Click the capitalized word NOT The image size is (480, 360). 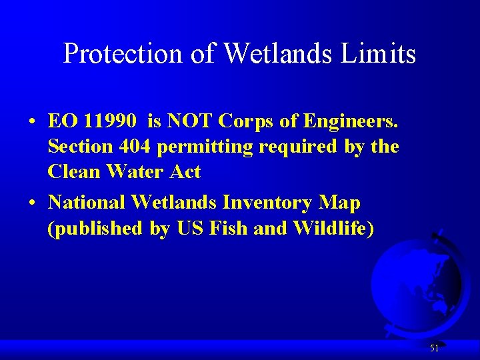(193, 121)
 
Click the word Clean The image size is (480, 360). (73, 172)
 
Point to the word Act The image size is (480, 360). (185, 172)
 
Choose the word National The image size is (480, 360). (87, 202)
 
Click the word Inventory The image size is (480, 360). (273, 202)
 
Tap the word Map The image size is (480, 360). (341, 203)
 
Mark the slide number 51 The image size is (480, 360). (434, 348)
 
